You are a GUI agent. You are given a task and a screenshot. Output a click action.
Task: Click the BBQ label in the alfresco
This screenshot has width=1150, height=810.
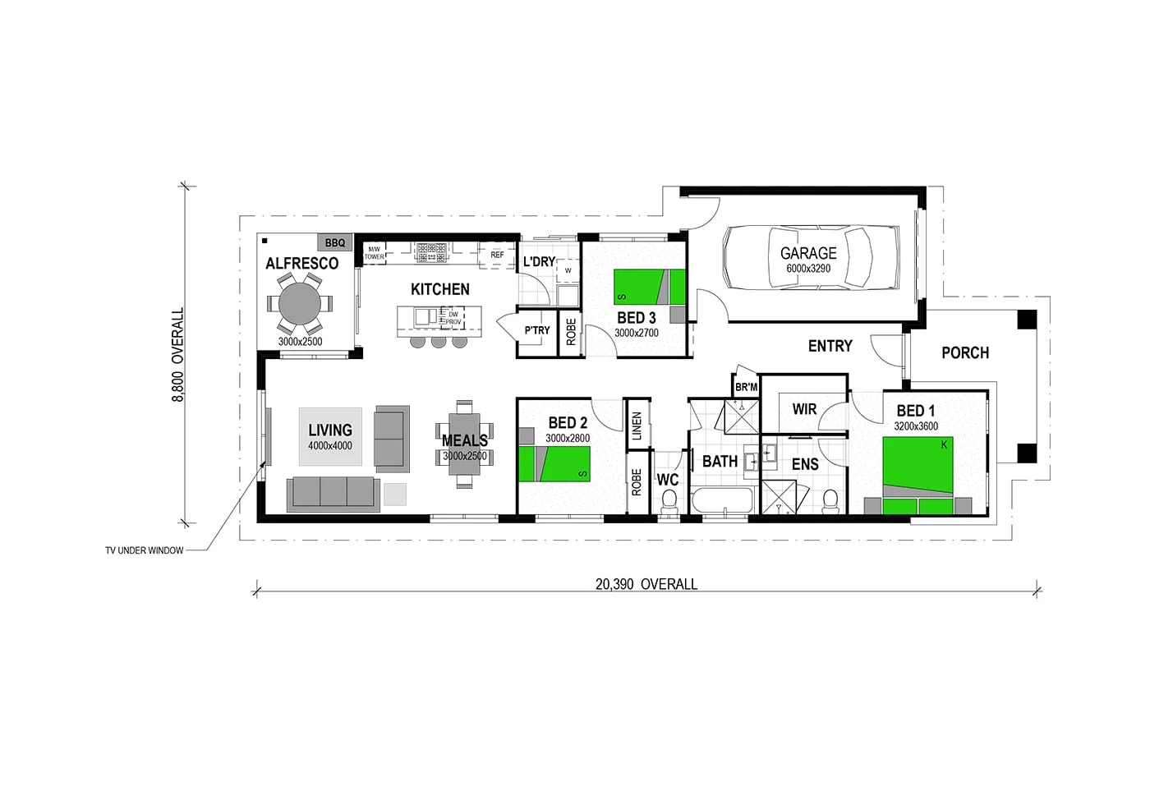tap(335, 242)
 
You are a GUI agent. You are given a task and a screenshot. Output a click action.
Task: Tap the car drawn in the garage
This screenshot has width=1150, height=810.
tap(798, 257)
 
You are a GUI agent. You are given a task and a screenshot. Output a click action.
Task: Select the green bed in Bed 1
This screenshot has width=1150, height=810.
tap(918, 467)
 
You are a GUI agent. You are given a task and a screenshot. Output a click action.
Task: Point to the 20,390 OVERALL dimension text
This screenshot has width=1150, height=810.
tap(646, 584)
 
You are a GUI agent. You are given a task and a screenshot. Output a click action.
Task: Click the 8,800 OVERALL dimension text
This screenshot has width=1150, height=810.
tap(178, 355)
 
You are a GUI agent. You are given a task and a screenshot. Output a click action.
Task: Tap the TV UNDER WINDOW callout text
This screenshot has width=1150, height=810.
tap(145, 550)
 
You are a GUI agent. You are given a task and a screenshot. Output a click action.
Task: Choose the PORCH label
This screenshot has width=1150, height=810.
tap(965, 352)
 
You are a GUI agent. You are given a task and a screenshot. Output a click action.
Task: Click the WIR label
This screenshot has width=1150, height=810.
tap(804, 408)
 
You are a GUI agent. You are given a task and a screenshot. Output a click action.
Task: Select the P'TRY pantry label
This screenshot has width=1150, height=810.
tap(537, 330)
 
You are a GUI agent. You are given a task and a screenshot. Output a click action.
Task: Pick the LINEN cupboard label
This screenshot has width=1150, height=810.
tap(637, 426)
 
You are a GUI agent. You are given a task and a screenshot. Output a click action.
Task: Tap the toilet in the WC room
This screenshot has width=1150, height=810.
tap(669, 500)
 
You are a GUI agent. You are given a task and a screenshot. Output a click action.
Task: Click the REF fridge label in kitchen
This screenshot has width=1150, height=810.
tap(497, 255)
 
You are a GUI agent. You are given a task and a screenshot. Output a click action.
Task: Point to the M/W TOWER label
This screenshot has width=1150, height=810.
tap(374, 253)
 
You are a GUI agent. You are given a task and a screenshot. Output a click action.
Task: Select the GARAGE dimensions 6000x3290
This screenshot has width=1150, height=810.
tap(808, 269)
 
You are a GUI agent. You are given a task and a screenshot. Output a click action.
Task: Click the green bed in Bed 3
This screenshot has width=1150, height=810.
tap(649, 287)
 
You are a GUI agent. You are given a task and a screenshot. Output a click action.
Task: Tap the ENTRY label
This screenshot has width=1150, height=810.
tap(830, 346)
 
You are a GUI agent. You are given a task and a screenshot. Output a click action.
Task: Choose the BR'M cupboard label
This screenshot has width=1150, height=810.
tap(746, 387)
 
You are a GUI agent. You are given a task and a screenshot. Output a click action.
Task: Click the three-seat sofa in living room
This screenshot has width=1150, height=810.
tap(333, 492)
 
